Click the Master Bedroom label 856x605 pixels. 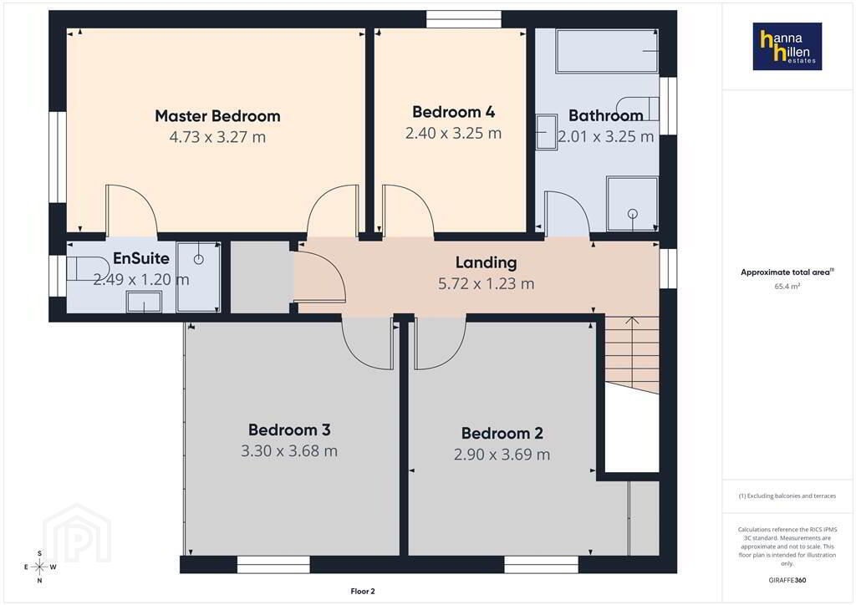(217, 116)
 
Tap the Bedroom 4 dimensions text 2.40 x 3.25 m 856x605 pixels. (453, 133)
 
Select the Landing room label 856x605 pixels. (486, 263)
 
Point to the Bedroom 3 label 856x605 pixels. (289, 430)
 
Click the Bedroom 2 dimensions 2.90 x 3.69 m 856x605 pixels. (502, 455)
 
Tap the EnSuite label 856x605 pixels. (140, 258)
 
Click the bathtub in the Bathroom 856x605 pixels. (607, 51)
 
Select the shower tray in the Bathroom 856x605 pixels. (632, 204)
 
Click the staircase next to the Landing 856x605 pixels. (632, 354)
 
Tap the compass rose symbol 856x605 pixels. (40, 567)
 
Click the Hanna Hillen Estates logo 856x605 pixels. (787, 46)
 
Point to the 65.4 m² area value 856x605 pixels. (787, 286)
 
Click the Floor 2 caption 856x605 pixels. (363, 592)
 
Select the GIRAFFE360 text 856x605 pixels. (787, 580)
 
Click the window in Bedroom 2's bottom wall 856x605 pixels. (541, 565)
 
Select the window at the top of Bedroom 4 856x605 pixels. (463, 19)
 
